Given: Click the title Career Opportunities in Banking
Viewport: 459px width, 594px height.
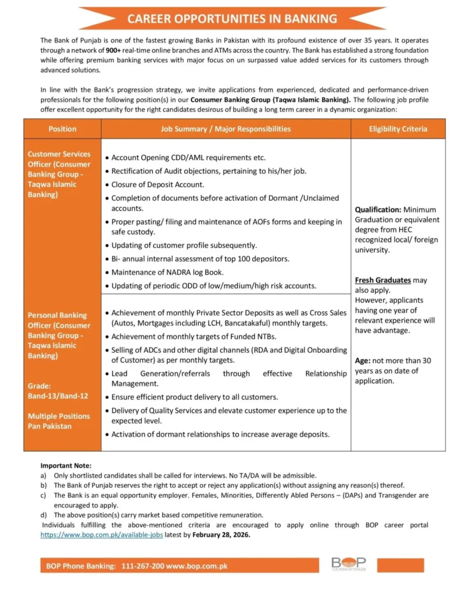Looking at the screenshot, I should (232, 19).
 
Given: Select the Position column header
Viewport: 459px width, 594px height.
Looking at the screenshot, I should (62, 129).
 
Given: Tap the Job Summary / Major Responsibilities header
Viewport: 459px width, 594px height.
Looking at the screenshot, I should (226, 129).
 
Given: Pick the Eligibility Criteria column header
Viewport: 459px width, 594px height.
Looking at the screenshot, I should (397, 129).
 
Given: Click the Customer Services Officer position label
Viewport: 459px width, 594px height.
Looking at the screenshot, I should (59, 174).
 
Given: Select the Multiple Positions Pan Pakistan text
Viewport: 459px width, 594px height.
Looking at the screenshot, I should (59, 421).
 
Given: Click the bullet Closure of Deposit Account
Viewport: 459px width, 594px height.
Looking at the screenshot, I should (157, 184).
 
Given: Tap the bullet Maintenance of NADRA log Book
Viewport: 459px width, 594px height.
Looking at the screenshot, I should (167, 272).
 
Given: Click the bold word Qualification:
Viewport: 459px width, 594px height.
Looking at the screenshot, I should (378, 209).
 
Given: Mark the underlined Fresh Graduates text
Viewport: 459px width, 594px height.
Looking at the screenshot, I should (382, 280).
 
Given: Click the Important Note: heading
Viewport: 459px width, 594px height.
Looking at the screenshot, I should (66, 465).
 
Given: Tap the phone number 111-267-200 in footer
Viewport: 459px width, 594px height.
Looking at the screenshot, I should (143, 565).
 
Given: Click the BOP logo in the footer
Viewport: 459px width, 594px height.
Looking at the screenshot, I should (348, 564).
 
